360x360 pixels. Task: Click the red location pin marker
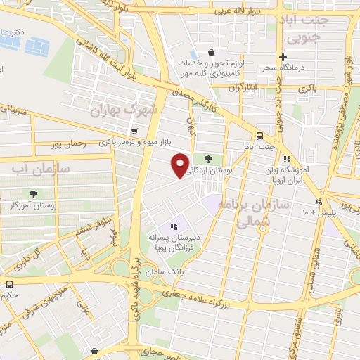click(181, 165)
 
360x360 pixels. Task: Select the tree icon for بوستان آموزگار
click(33, 194)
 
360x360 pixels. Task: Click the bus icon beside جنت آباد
click(260, 136)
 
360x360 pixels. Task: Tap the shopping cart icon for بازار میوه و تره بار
click(134, 131)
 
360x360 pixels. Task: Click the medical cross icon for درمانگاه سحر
click(283, 57)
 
